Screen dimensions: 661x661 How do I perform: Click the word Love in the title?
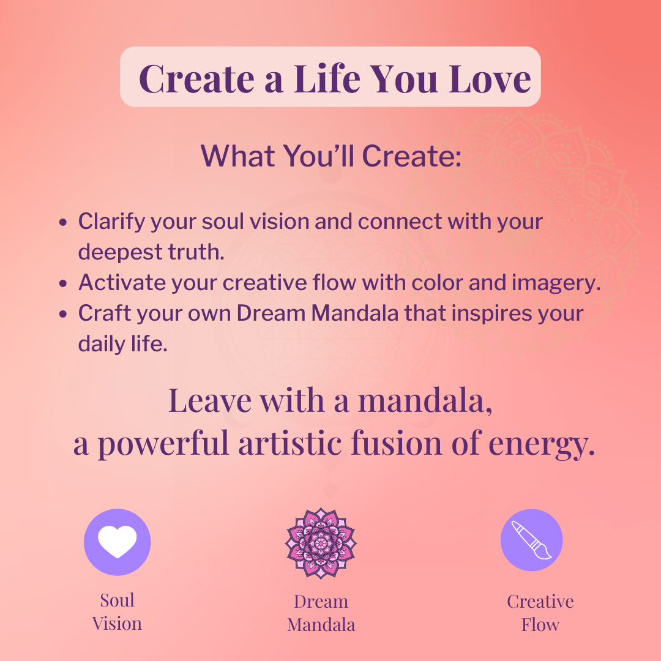tap(490, 79)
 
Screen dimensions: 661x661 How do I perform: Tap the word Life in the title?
tap(327, 79)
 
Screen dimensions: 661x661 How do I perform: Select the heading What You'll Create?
tap(331, 156)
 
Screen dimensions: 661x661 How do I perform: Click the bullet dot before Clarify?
tap(63, 222)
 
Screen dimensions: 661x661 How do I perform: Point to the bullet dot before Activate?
tap(63, 283)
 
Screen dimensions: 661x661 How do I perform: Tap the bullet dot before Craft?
tap(63, 314)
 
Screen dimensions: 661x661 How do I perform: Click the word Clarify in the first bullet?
tap(111, 222)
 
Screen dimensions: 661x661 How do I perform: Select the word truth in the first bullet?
tap(196, 252)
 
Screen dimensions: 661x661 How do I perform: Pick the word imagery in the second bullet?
tap(556, 283)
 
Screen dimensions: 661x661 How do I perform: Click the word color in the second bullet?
tap(437, 282)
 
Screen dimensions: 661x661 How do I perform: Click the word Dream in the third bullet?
tap(271, 313)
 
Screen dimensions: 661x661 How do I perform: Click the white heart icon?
tap(117, 542)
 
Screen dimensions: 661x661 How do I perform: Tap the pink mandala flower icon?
tap(321, 543)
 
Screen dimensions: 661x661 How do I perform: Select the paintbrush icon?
tap(532, 540)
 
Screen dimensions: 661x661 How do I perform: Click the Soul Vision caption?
tap(117, 611)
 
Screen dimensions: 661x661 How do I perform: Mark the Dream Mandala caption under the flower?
tap(321, 613)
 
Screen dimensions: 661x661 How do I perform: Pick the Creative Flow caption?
tap(540, 613)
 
